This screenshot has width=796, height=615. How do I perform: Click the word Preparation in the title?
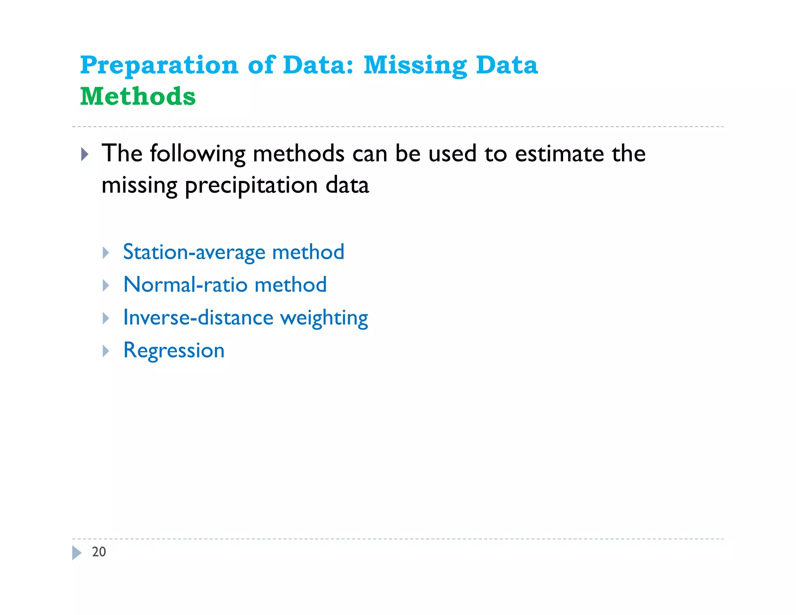(x=159, y=65)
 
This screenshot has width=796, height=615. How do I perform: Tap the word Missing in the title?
(x=415, y=65)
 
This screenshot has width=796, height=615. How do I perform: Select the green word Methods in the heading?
(x=138, y=96)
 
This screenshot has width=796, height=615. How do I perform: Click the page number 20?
(x=99, y=552)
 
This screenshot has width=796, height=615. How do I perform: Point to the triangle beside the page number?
(x=77, y=552)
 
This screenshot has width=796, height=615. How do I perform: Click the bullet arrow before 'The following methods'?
(x=85, y=154)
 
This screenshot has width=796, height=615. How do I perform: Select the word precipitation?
(x=251, y=185)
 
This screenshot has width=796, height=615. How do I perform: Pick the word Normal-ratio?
(x=185, y=285)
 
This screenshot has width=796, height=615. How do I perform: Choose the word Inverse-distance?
(x=198, y=318)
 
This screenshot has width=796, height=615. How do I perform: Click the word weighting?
(x=324, y=318)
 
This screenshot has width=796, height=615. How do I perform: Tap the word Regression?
(x=174, y=351)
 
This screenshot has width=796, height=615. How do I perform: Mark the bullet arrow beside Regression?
(x=106, y=351)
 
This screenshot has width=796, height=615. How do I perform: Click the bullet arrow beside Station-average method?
(x=106, y=253)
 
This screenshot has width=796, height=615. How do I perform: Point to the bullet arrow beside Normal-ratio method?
(x=106, y=286)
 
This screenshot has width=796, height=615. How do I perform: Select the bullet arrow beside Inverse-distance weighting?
(x=106, y=318)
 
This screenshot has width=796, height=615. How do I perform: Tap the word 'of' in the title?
(x=260, y=65)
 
